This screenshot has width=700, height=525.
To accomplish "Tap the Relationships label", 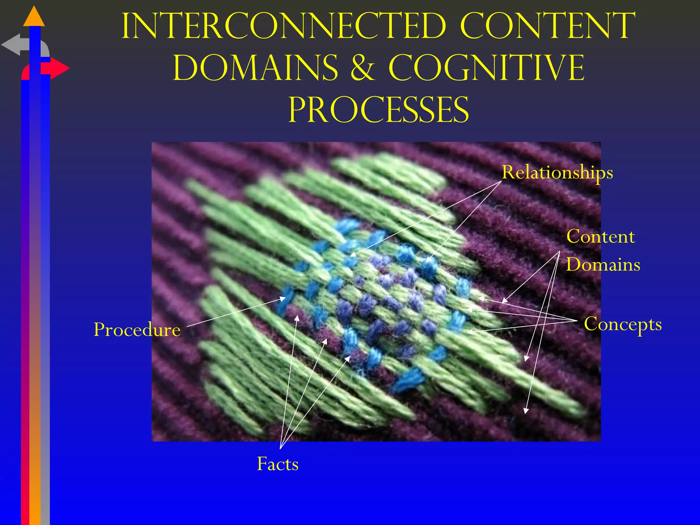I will point(557,173).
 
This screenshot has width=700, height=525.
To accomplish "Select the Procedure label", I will point(137,330).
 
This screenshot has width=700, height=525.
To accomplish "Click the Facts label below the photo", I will point(278,464).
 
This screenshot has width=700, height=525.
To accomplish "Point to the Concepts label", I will point(623,324).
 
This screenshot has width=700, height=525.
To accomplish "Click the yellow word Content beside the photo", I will point(601,237).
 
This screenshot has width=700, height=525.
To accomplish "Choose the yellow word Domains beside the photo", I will point(603,265).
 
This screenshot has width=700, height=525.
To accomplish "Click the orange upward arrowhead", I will point(34,17).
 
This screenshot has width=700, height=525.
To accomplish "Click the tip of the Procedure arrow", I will point(285,298).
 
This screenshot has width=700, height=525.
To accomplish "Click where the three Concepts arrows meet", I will point(577,321).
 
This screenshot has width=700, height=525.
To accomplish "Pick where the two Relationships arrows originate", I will point(501,181).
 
